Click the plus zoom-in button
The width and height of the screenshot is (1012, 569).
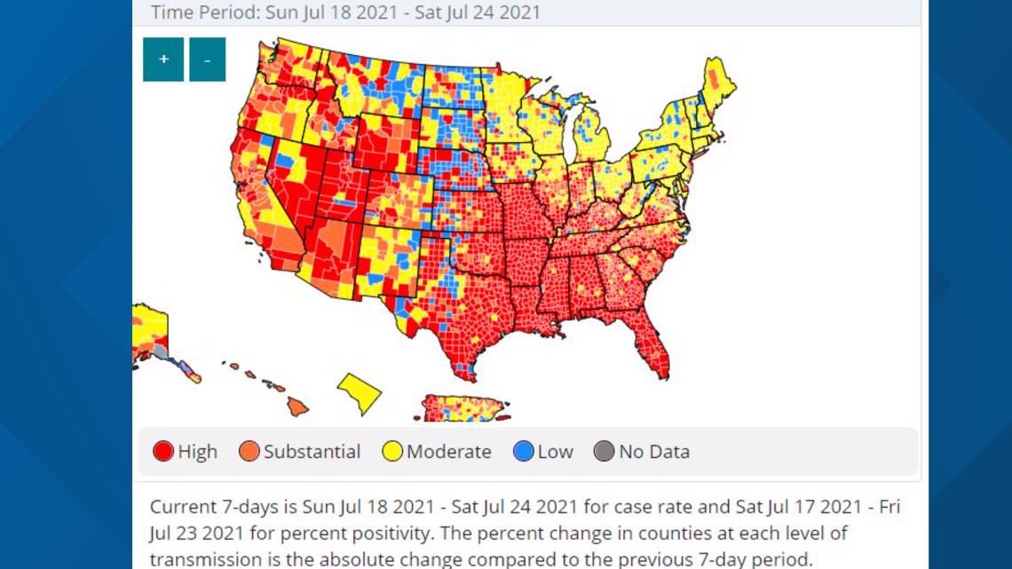tap(163, 59)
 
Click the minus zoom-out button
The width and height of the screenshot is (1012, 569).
tap(207, 59)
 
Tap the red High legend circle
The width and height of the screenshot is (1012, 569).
tap(163, 451)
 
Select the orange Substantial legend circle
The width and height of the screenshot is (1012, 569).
tap(249, 451)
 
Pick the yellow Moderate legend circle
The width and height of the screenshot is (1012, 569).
tap(392, 451)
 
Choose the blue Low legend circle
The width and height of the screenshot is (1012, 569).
tap(524, 451)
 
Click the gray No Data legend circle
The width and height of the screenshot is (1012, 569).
tap(604, 451)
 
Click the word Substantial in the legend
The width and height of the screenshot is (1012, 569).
tap(312, 451)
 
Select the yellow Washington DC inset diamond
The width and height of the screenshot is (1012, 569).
tap(360, 393)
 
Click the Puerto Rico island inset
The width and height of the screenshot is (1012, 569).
tap(463, 408)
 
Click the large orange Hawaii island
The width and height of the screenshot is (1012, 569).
tap(296, 406)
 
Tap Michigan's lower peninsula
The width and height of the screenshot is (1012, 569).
tap(592, 141)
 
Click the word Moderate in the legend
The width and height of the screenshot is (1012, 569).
tap(448, 451)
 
